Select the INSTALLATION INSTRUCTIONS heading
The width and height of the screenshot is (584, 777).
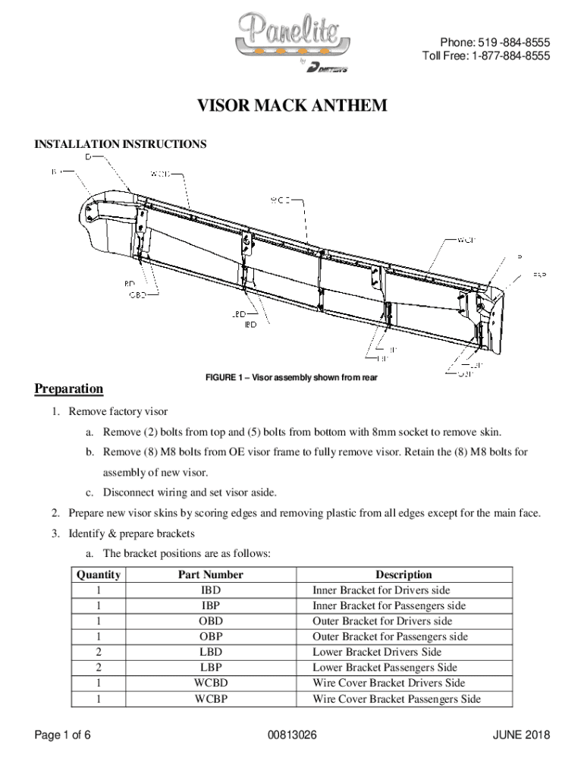coord(121,144)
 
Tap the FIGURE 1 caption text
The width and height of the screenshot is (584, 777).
coord(291,377)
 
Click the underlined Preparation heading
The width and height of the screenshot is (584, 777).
coord(69,389)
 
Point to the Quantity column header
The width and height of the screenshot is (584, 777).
coord(99,575)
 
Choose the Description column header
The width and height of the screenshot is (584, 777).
coord(403,575)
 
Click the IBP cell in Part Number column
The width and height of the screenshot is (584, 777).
coord(211,606)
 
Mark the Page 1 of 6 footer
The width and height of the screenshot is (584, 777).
coord(64,735)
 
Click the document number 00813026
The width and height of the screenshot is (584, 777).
coord(292,735)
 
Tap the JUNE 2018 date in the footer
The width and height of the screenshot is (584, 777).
coord(521,735)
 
